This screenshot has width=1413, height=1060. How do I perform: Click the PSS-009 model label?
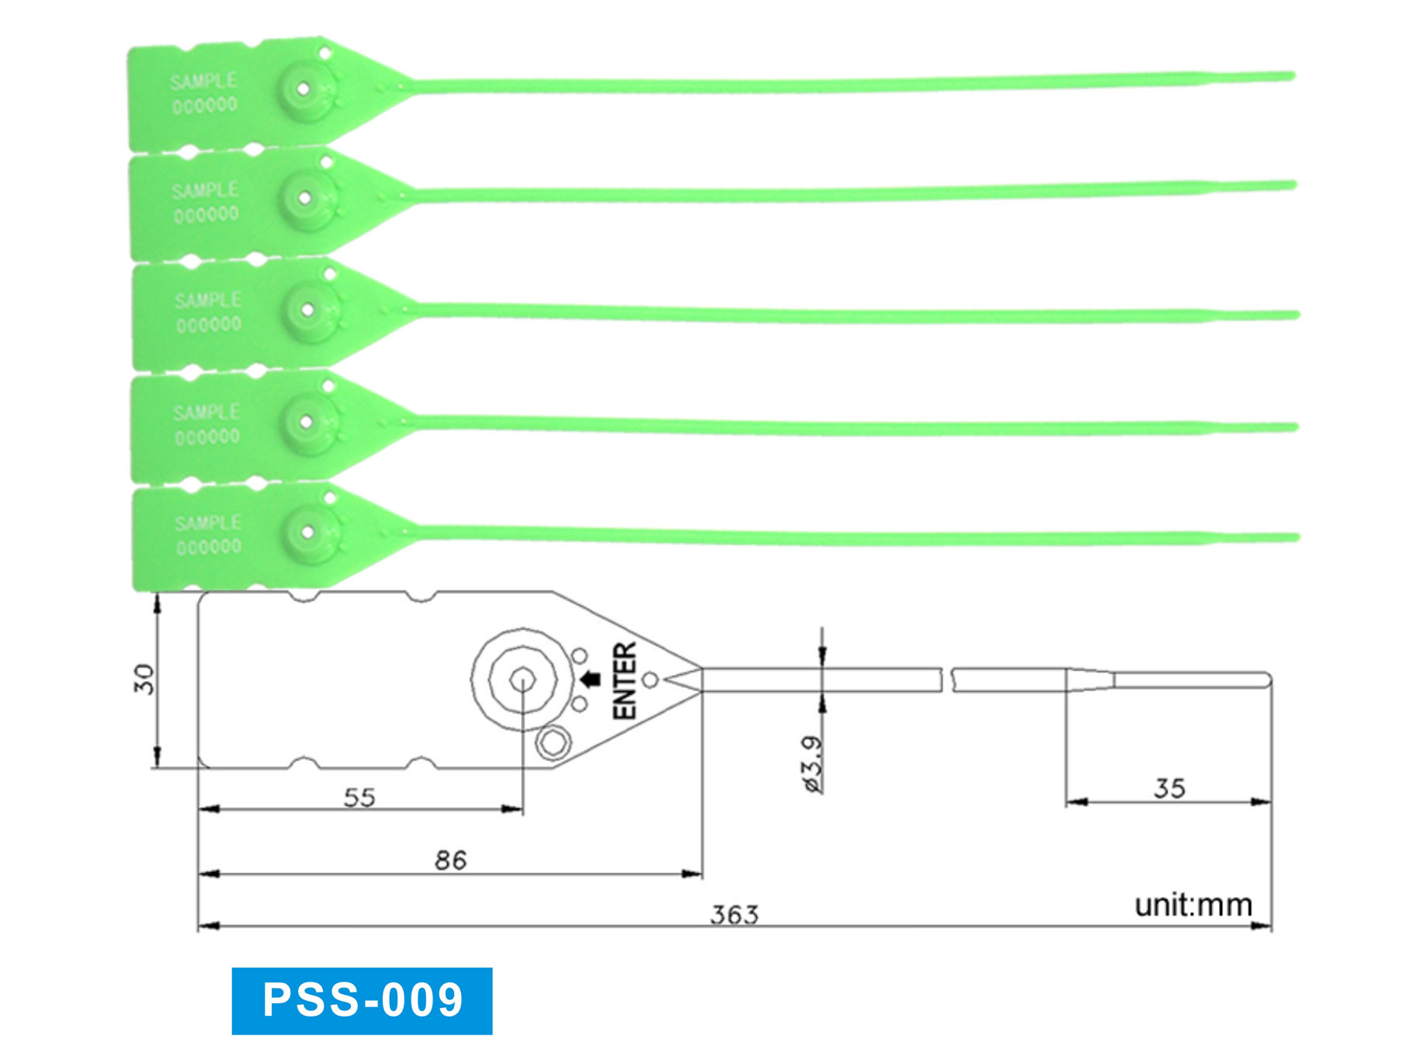pyautogui.click(x=362, y=1000)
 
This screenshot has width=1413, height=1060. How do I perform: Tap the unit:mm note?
pyautogui.click(x=1193, y=905)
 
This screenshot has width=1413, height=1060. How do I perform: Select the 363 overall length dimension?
pyautogui.click(x=734, y=915)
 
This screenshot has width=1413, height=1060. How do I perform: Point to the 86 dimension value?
pyautogui.click(x=450, y=860)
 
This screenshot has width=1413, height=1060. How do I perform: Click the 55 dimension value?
pyautogui.click(x=359, y=798)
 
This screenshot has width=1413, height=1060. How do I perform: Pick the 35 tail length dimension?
pyautogui.click(x=1169, y=789)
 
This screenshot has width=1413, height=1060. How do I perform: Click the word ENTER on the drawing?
pyautogui.click(x=625, y=680)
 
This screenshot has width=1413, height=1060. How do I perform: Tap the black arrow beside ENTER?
pyautogui.click(x=592, y=679)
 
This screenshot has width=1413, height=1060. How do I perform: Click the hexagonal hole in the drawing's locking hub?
pyautogui.click(x=522, y=681)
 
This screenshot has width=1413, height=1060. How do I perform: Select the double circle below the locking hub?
pyautogui.click(x=554, y=742)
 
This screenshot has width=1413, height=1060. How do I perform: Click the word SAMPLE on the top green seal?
pyautogui.click(x=203, y=82)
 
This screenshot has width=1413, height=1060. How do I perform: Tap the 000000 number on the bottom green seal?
pyautogui.click(x=209, y=547)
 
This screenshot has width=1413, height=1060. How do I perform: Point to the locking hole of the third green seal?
pyautogui.click(x=307, y=310)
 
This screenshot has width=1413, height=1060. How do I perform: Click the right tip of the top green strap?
pyautogui.click(x=1291, y=75)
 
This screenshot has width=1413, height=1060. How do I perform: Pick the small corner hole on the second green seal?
pyautogui.click(x=327, y=162)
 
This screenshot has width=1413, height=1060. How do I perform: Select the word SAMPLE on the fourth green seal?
pyautogui.click(x=207, y=412)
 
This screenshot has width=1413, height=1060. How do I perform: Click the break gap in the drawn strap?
pyautogui.click(x=947, y=679)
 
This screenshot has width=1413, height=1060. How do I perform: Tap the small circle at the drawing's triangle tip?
pyautogui.click(x=651, y=680)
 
